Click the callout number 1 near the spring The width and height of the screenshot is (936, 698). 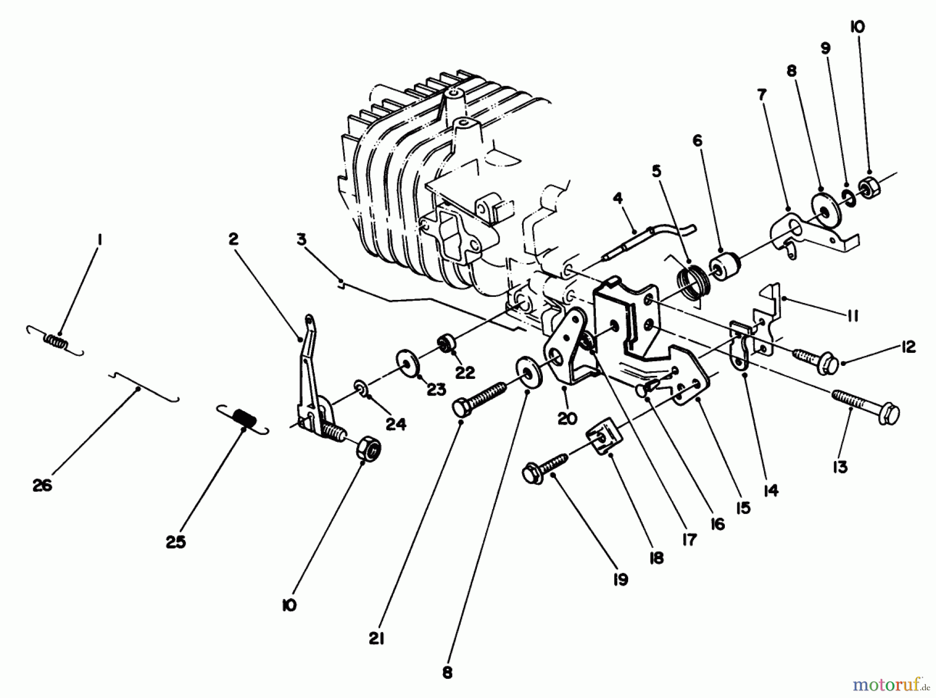[x=99, y=240]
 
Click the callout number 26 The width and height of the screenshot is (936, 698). [x=43, y=485]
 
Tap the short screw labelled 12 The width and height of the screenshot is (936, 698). [x=814, y=358]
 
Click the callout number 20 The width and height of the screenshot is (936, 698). [x=567, y=418]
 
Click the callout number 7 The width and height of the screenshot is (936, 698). [x=761, y=95]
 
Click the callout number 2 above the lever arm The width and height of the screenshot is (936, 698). [x=232, y=239]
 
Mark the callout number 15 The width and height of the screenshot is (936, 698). [x=744, y=507]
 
